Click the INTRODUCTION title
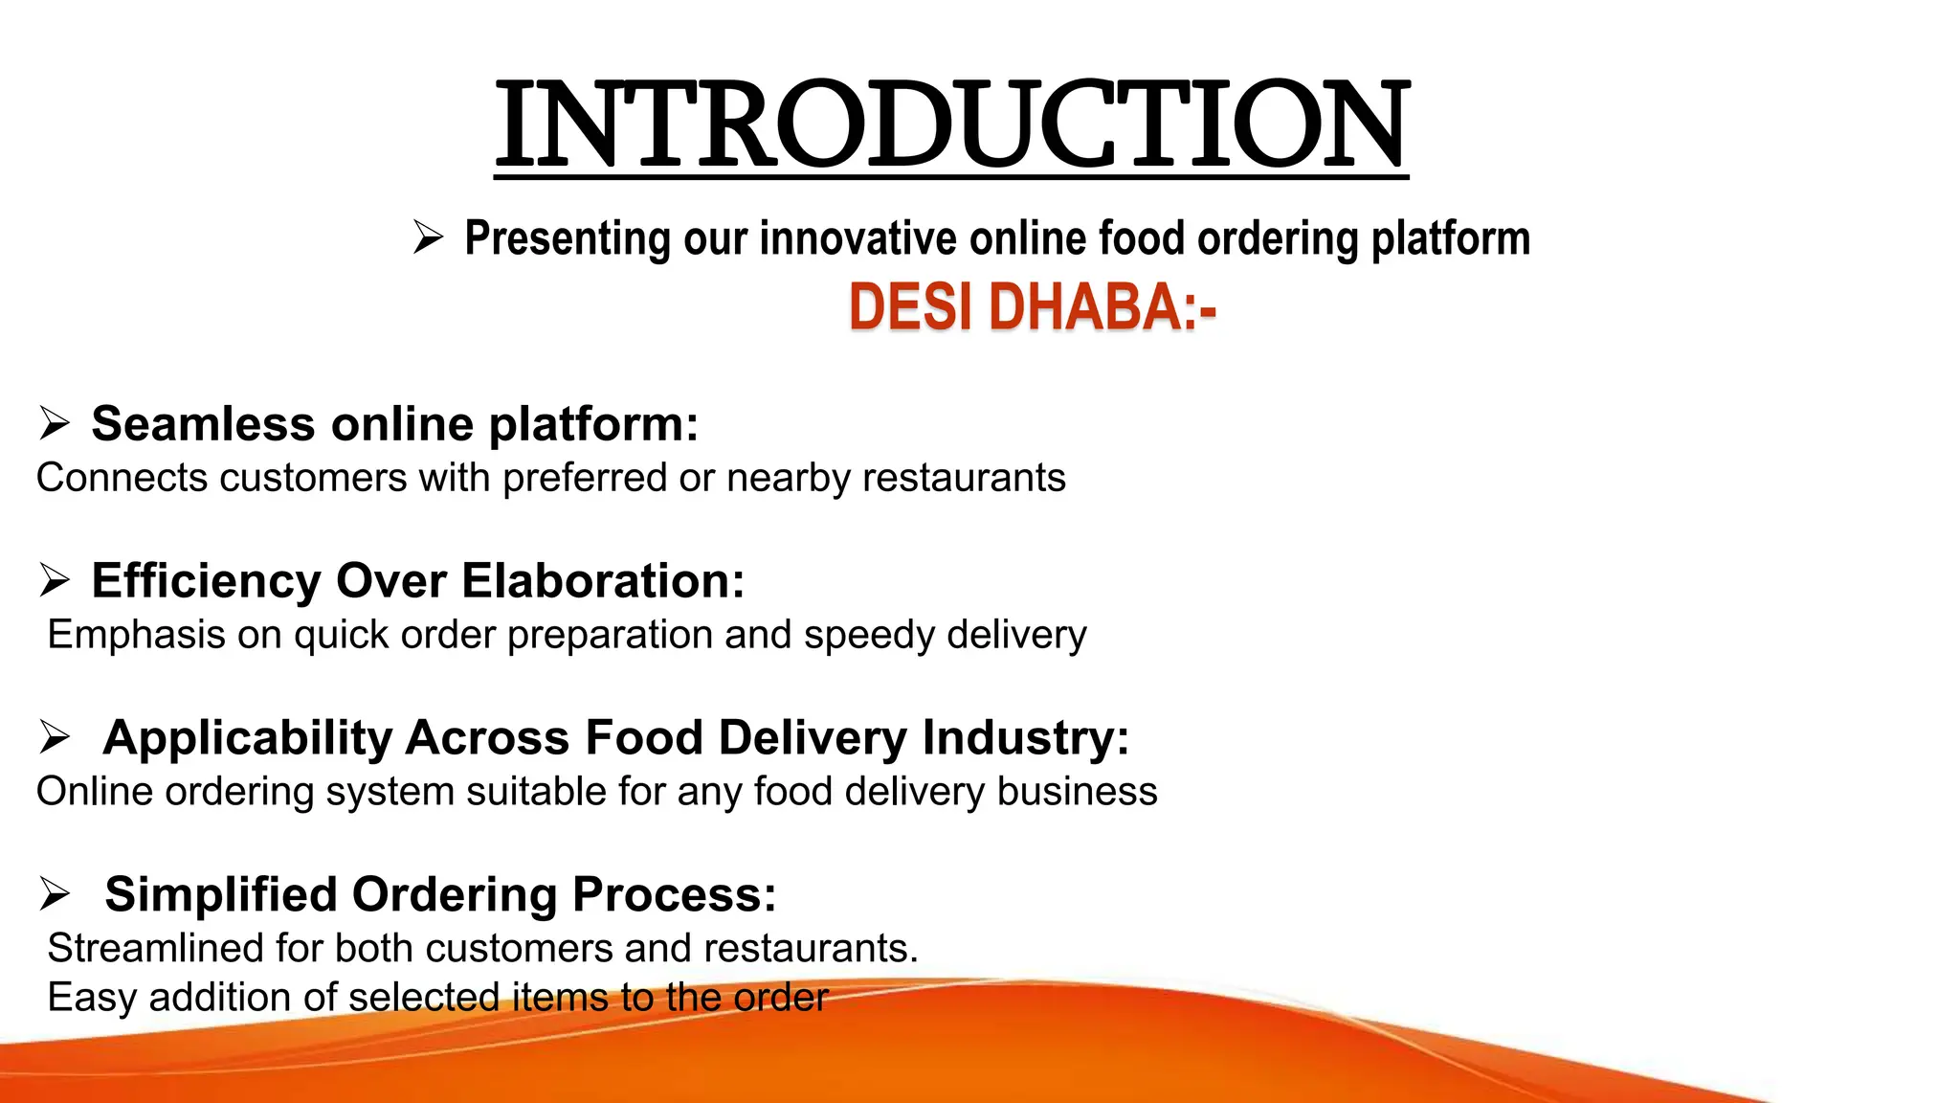click(951, 125)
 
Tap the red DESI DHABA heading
click(1032, 308)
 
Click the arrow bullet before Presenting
click(428, 236)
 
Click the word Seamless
click(203, 424)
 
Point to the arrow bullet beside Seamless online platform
click(55, 423)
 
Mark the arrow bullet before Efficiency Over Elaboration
click(55, 580)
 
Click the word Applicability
click(248, 738)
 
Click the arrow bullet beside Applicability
click(55, 737)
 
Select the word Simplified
click(221, 894)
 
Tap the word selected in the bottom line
click(425, 999)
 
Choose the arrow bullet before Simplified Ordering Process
click(55, 894)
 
